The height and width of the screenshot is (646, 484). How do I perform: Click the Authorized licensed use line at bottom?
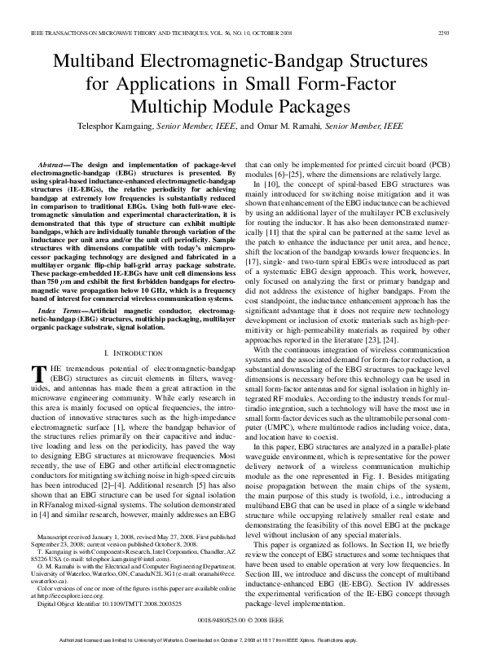click(241, 639)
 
